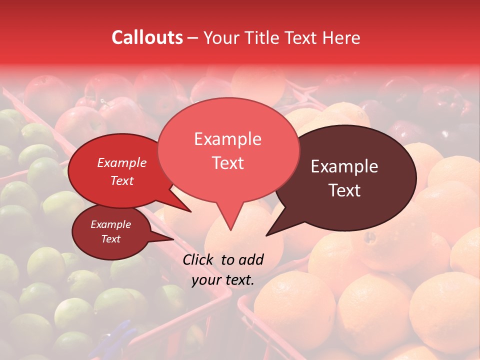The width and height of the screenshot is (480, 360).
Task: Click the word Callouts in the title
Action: coord(147,37)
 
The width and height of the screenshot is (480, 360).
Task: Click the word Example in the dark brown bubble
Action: coord(344,166)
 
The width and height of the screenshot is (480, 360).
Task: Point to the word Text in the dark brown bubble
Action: coord(344,190)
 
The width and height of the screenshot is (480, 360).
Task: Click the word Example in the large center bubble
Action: coord(227,139)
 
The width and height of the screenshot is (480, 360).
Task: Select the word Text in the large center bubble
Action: coord(227,163)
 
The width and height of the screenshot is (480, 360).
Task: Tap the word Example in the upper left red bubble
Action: coord(122,162)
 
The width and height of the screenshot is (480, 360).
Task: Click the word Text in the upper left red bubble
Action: coord(122,180)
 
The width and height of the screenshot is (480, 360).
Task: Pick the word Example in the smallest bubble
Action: coord(111,224)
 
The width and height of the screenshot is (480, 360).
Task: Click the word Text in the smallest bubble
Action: coord(111,239)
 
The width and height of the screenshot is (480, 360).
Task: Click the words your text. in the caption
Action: coord(223,280)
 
